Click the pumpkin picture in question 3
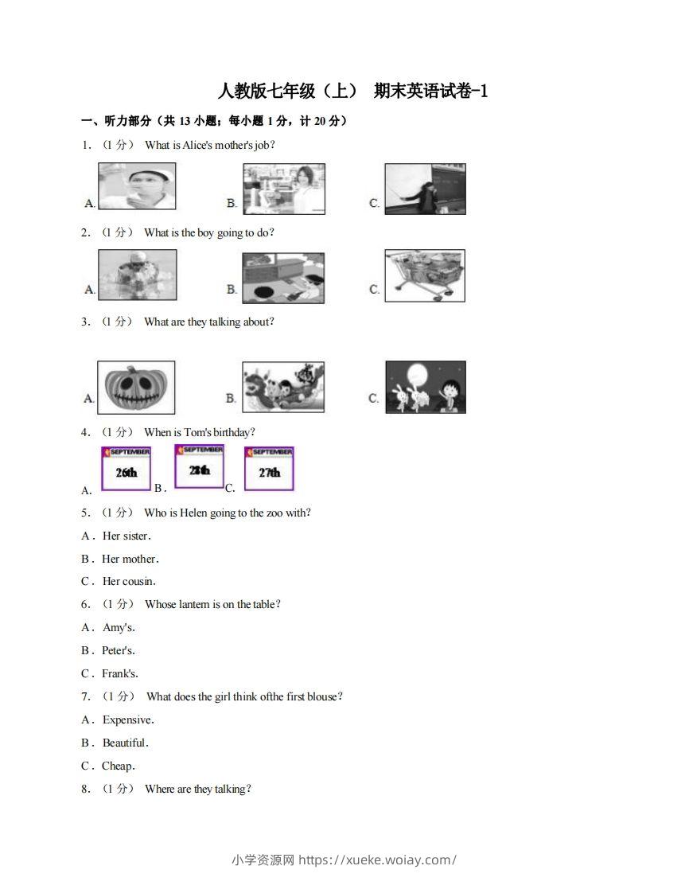pos(136,388)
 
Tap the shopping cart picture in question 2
pos(425,275)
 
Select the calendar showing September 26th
pos(126,468)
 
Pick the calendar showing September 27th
pos(269,468)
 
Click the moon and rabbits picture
pos(426,388)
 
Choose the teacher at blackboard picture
pos(425,189)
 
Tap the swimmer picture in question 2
pos(137,275)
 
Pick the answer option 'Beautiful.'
pos(126,743)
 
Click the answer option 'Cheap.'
pos(119,766)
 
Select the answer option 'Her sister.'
pos(127,536)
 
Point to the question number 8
pos(85,790)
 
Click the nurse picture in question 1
pos(136,186)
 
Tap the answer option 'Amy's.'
pos(119,628)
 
